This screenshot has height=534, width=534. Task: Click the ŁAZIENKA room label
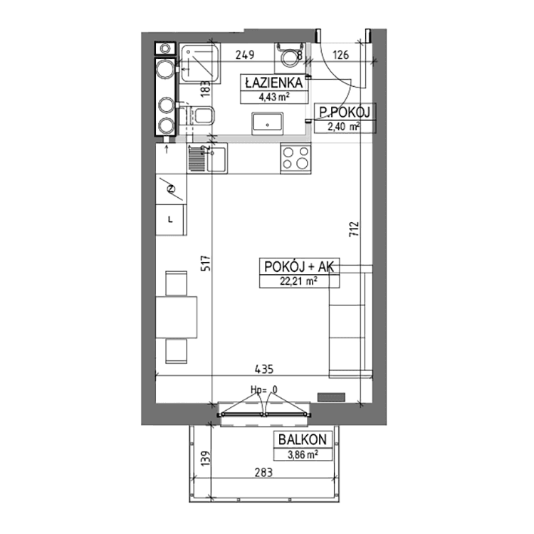(274, 83)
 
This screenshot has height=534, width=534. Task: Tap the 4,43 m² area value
(274, 97)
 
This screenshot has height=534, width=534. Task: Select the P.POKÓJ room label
(345, 112)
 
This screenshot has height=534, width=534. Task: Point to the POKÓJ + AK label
(299, 267)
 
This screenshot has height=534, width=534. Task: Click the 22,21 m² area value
(299, 282)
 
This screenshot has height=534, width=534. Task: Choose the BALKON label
(303, 439)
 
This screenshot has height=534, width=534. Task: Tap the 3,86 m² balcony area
(303, 454)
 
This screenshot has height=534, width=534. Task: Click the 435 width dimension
(264, 369)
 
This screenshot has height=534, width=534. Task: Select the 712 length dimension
(354, 229)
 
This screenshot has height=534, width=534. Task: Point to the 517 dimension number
(206, 263)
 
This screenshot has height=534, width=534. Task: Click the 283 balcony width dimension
(264, 472)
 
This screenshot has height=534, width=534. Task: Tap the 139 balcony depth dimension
(206, 458)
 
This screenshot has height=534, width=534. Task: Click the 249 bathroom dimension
(245, 55)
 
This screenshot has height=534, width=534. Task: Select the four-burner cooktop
(295, 159)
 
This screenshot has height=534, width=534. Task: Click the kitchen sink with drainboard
(207, 158)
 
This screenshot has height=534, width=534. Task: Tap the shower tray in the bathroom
(200, 63)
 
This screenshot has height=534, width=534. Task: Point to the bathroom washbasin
(267, 123)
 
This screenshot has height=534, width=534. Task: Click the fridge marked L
(171, 220)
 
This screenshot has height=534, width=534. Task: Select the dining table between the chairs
(177, 318)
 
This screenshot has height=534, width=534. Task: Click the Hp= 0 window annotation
(264, 389)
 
